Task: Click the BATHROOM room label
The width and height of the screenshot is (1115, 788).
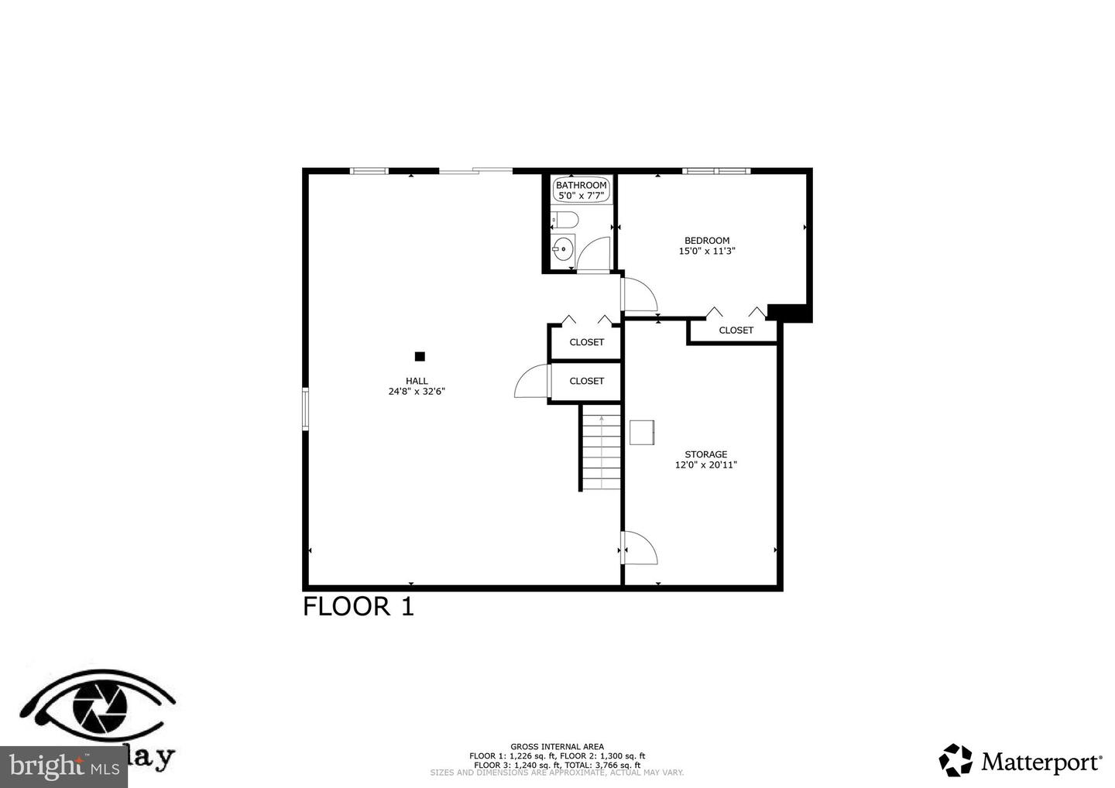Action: (581, 185)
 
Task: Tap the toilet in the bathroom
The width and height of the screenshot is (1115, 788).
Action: (564, 221)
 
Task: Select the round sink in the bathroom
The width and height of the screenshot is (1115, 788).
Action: (563, 250)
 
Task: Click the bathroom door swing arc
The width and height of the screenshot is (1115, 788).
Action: (595, 253)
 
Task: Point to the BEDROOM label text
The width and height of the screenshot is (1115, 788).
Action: (706, 241)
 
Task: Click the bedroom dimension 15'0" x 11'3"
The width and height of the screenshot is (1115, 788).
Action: (706, 251)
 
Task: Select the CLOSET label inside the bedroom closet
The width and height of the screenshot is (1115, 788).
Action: (736, 331)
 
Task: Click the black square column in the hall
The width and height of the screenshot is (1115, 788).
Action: (420, 357)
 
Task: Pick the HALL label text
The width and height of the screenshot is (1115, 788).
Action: (417, 381)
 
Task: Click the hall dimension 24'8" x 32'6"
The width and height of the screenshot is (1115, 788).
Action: (417, 392)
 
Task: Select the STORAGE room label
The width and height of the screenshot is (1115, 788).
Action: (705, 454)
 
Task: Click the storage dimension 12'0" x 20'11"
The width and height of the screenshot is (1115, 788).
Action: (705, 465)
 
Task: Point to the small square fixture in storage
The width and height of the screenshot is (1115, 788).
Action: (642, 432)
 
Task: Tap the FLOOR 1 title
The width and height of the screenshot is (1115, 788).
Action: (358, 606)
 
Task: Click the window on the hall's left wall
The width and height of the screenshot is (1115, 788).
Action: (305, 408)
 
